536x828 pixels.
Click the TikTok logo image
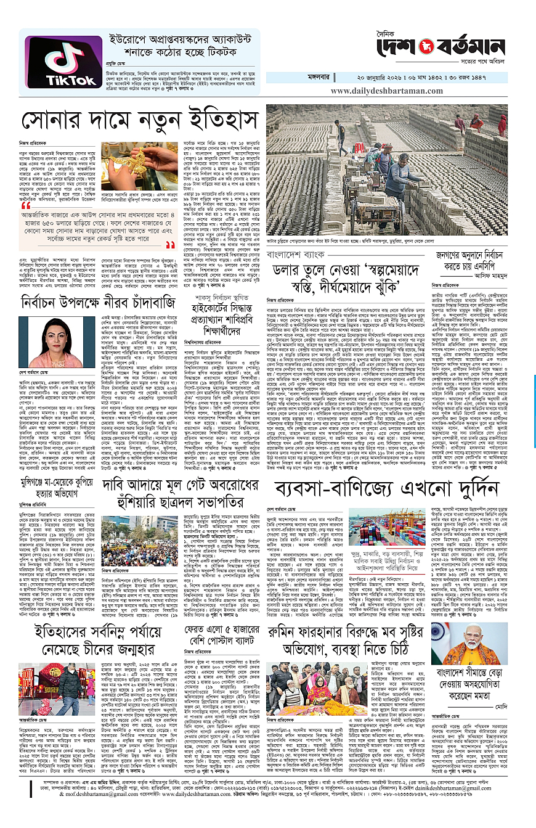[54, 65]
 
